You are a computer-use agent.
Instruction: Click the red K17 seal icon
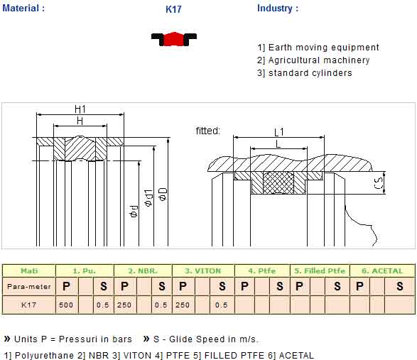174,39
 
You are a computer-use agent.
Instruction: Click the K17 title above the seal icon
173,9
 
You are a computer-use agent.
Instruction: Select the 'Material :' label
23,8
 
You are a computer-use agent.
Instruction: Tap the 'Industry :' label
278,9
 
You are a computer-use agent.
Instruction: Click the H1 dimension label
80,109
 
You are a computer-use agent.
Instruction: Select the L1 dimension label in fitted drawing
279,132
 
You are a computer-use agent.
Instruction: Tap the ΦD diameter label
163,194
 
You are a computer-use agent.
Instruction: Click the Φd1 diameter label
148,198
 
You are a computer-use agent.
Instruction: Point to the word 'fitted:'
208,131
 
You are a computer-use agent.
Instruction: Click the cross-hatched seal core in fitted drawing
278,182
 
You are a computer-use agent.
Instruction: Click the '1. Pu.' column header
84,271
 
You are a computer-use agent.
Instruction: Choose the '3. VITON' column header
203,271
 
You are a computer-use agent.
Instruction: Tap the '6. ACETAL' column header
382,271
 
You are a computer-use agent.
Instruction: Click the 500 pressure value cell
66,305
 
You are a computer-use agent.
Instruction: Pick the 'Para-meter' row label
29,287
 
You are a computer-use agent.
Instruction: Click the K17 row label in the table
28,305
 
